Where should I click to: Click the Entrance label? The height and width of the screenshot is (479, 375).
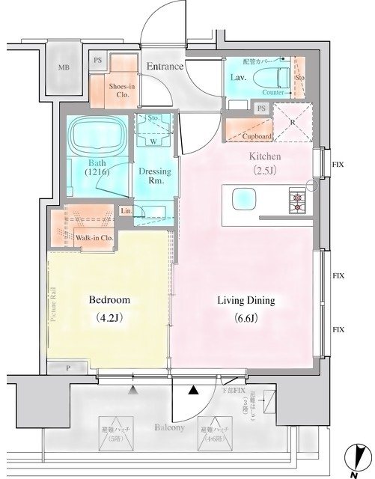click(x=165, y=67)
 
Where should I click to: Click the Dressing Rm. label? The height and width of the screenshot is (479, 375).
click(x=154, y=176)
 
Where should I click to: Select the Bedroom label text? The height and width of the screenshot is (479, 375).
click(x=109, y=299)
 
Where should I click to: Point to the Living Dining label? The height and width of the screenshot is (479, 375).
click(x=246, y=301)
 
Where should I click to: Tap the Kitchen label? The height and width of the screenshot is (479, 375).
click(x=264, y=156)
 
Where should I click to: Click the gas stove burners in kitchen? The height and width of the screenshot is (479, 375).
click(x=295, y=200)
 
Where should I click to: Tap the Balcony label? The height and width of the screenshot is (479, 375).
click(x=171, y=427)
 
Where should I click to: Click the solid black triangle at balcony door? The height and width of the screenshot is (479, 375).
click(x=193, y=390)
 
